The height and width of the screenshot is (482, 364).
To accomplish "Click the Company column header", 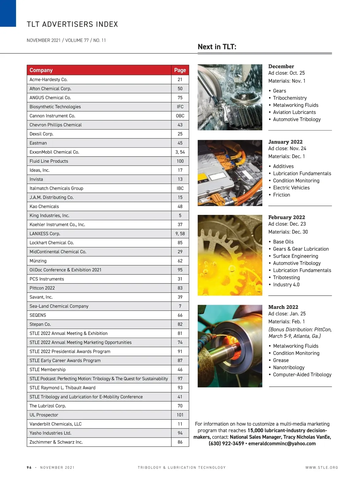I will (x=41, y=70).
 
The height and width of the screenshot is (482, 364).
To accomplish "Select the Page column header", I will (x=180, y=70).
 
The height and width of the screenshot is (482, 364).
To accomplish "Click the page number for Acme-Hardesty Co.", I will (x=180, y=80).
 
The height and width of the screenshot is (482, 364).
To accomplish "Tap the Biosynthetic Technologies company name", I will (x=55, y=107).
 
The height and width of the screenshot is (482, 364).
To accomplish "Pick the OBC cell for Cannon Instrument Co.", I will (x=180, y=116).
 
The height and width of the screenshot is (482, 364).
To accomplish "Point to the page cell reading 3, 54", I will (x=180, y=152).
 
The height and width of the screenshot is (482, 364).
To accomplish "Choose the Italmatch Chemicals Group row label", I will (x=56, y=188).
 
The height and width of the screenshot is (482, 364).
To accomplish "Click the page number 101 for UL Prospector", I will (x=180, y=415).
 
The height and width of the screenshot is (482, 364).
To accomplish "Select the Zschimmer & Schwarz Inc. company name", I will (x=56, y=442).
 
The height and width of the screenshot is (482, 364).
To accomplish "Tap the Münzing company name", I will (x=38, y=261).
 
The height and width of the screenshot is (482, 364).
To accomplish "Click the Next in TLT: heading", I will (x=217, y=47).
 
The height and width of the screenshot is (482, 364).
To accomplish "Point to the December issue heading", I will (x=281, y=66).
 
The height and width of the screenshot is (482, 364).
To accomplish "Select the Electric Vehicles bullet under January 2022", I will (x=291, y=188).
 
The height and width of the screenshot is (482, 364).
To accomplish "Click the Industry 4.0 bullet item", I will (x=286, y=285).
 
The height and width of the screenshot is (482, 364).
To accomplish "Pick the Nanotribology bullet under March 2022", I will (x=288, y=368).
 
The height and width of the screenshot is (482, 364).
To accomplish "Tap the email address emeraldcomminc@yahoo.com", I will (x=282, y=443).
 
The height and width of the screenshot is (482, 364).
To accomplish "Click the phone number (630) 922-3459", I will (x=226, y=443).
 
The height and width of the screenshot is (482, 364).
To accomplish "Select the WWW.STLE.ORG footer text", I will (x=322, y=467).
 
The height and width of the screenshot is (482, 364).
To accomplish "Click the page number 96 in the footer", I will (x=29, y=467).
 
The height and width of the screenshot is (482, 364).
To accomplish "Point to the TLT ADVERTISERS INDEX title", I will (x=72, y=24).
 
